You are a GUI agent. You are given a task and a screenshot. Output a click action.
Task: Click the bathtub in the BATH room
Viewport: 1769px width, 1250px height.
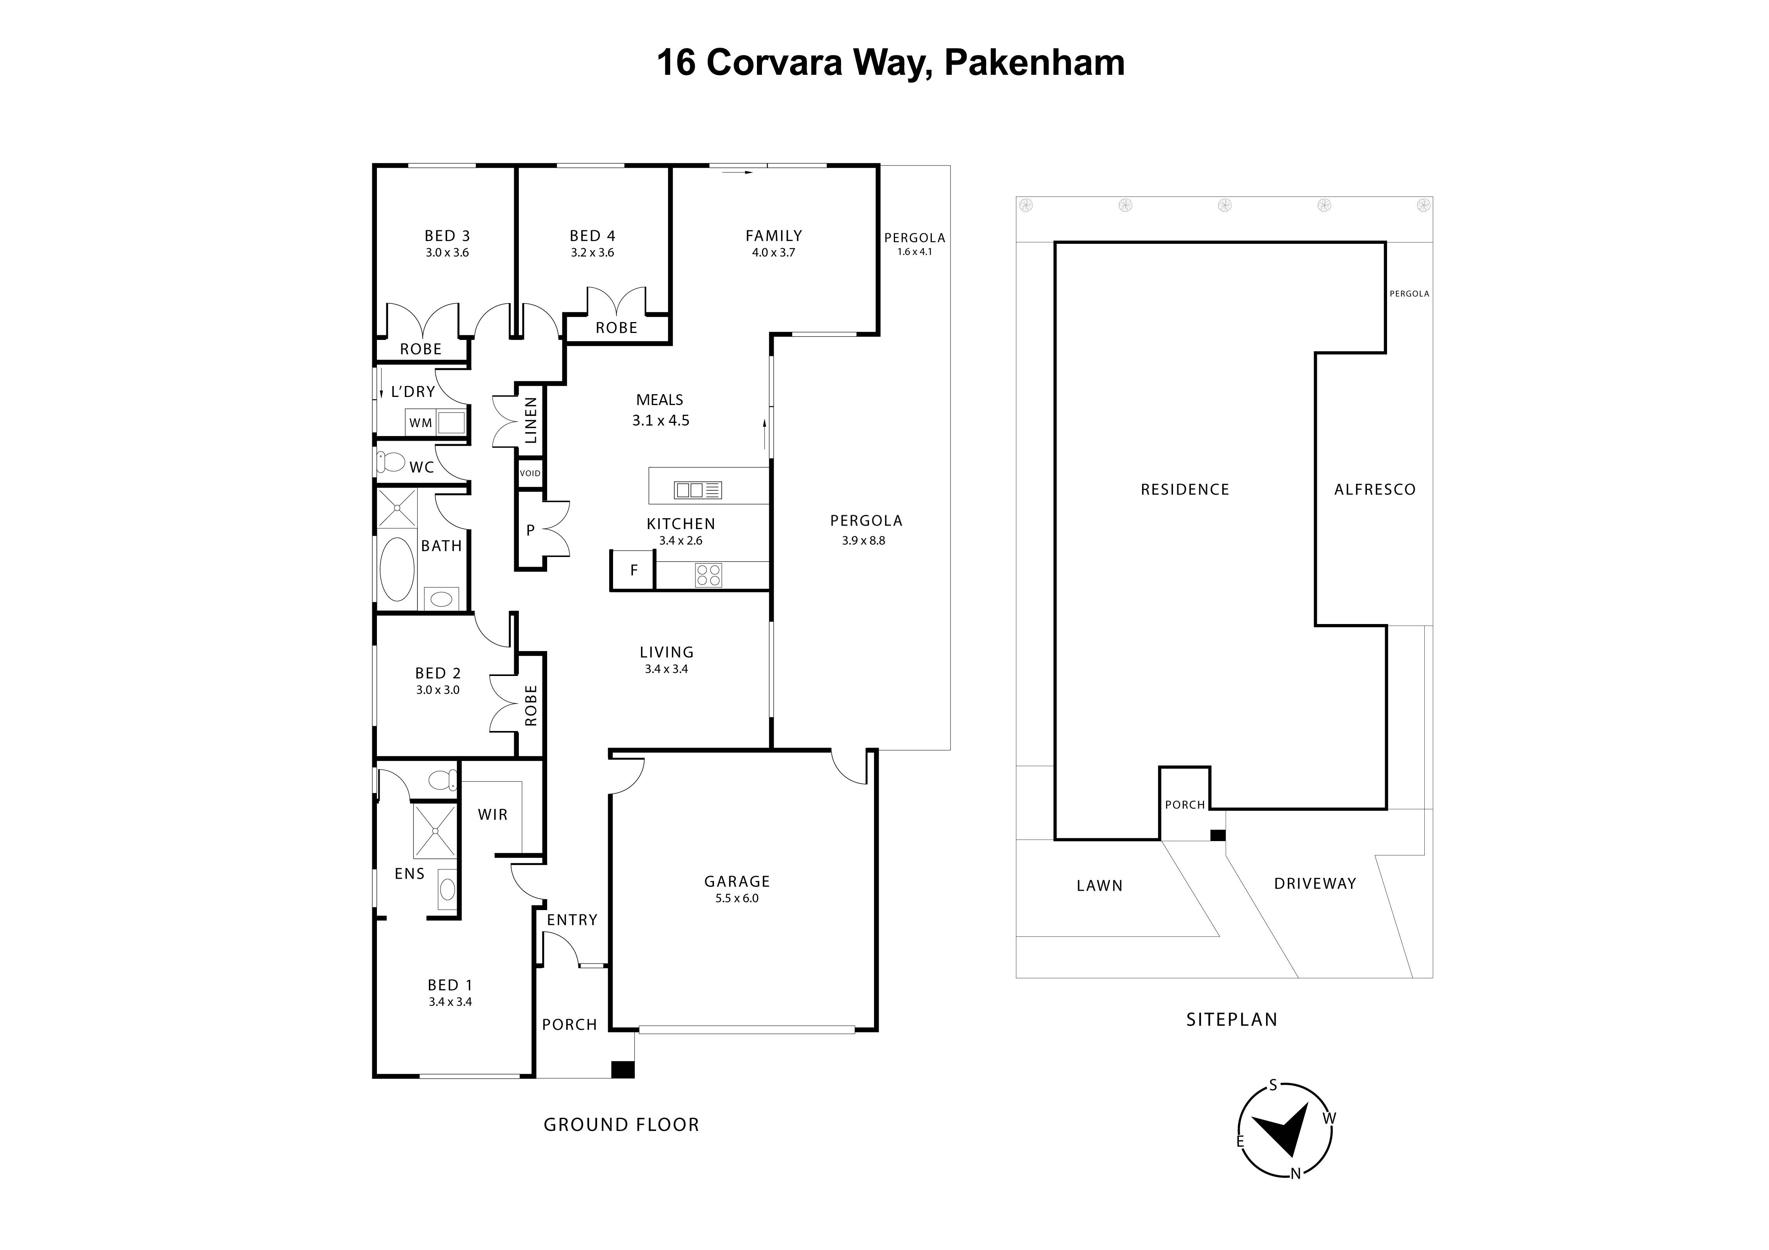tap(397, 569)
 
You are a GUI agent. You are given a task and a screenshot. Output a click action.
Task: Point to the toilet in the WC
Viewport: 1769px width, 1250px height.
tap(391, 462)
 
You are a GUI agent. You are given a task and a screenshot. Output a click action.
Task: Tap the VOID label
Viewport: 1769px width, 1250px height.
tap(530, 473)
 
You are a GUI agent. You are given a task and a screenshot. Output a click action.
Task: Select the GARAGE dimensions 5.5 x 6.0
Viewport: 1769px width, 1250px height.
tap(737, 898)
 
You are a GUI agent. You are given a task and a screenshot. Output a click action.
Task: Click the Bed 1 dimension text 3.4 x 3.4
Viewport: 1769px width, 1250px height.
tap(450, 1002)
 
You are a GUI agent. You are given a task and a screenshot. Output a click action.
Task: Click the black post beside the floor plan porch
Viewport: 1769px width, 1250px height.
tap(622, 1070)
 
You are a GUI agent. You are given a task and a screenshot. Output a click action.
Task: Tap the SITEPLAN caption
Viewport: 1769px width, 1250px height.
tap(1231, 1020)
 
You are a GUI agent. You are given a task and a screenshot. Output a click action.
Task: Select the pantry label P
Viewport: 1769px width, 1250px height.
tap(530, 530)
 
